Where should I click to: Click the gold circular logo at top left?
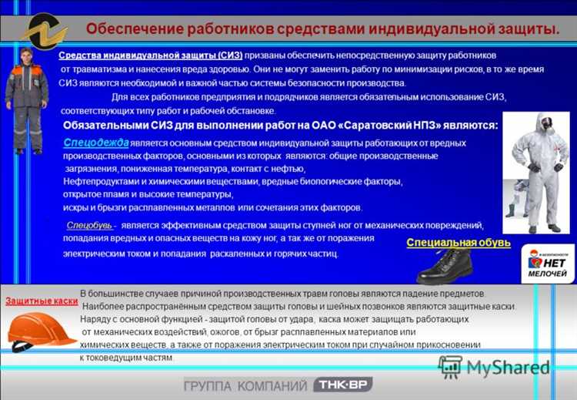click(x=44, y=32)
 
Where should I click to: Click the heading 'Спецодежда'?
click(x=96, y=143)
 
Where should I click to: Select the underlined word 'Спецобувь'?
click(x=90, y=225)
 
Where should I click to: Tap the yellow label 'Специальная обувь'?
click(x=459, y=243)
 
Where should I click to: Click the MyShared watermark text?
click(x=508, y=366)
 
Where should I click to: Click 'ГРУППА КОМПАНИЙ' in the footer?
click(x=245, y=385)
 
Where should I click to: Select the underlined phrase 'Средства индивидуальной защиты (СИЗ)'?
click(x=150, y=55)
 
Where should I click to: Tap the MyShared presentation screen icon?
click(x=450, y=366)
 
